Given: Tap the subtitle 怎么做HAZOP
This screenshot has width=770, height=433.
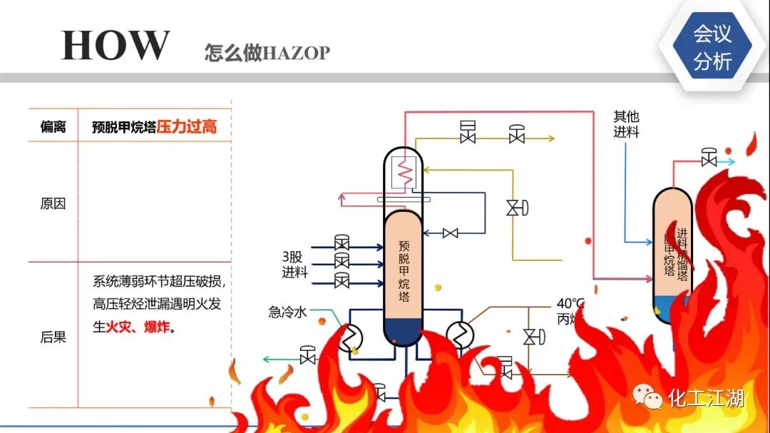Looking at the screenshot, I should coord(267,53).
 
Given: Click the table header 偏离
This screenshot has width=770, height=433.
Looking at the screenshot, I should coord(53,127).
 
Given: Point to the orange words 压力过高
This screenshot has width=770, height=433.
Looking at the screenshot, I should coord(187,127).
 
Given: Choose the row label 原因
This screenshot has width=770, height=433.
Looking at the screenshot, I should coord(53,203).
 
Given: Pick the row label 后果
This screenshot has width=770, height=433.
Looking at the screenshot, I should coord(53,337).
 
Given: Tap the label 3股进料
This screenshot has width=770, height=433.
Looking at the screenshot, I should coord(294,263).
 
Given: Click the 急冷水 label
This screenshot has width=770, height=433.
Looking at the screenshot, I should coord(287,311).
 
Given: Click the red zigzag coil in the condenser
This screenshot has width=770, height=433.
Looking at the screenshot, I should coord(404,172).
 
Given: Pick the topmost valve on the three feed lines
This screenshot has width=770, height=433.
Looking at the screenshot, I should coord(342,243).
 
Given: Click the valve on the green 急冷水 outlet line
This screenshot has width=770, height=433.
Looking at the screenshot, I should coord(308,355).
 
